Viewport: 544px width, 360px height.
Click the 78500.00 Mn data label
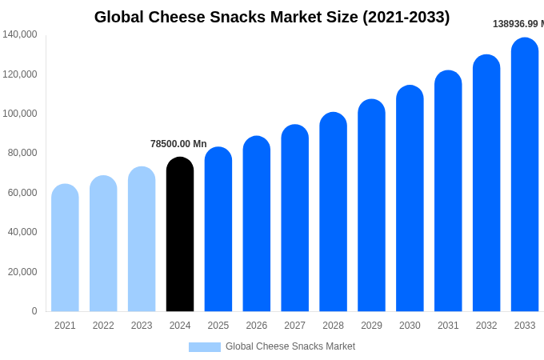click(178, 144)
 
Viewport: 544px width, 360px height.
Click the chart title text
click(272, 17)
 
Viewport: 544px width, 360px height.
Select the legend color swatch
click(205, 346)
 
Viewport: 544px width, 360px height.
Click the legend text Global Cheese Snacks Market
click(290, 346)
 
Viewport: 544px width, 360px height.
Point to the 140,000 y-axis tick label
click(20, 34)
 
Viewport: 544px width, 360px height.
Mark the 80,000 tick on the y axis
click(23, 153)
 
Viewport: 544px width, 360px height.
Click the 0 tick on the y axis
click(34, 311)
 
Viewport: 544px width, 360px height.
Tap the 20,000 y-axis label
click(23, 272)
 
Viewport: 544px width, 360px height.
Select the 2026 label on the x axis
click(257, 326)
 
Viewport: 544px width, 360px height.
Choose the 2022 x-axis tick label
click(103, 326)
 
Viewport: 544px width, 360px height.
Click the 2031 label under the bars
click(448, 326)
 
